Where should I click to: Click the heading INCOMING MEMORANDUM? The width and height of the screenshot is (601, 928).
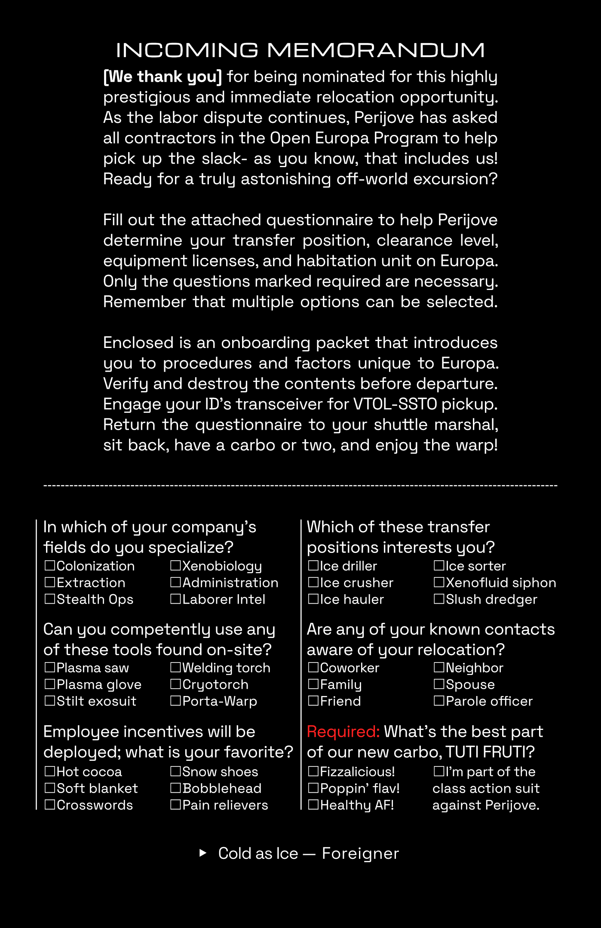(x=300, y=50)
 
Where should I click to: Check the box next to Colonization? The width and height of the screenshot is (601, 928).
(x=50, y=566)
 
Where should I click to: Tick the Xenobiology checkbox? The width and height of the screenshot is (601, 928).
(x=175, y=566)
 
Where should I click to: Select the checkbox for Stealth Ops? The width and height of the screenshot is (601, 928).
(x=50, y=599)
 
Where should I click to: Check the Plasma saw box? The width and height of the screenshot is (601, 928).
(x=50, y=668)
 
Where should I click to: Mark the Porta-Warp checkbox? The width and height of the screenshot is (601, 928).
(x=175, y=701)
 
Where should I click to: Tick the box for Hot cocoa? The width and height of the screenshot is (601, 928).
(x=50, y=772)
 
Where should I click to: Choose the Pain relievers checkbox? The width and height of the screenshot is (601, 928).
(x=175, y=805)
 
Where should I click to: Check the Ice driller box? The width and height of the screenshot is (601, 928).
(x=313, y=566)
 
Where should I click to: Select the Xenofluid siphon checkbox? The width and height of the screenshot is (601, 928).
(x=439, y=583)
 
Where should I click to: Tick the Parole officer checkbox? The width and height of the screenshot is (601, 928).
(x=439, y=701)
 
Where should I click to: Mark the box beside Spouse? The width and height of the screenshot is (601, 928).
(x=439, y=684)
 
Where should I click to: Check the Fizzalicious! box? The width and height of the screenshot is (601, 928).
(x=313, y=772)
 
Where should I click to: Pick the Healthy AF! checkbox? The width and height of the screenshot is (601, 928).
(x=313, y=805)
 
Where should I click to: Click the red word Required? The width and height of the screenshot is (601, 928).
(x=343, y=732)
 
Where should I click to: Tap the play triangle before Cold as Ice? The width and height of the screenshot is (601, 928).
(x=203, y=853)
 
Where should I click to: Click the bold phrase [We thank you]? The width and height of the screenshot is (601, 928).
(x=163, y=77)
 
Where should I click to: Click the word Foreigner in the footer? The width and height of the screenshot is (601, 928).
(x=360, y=853)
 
